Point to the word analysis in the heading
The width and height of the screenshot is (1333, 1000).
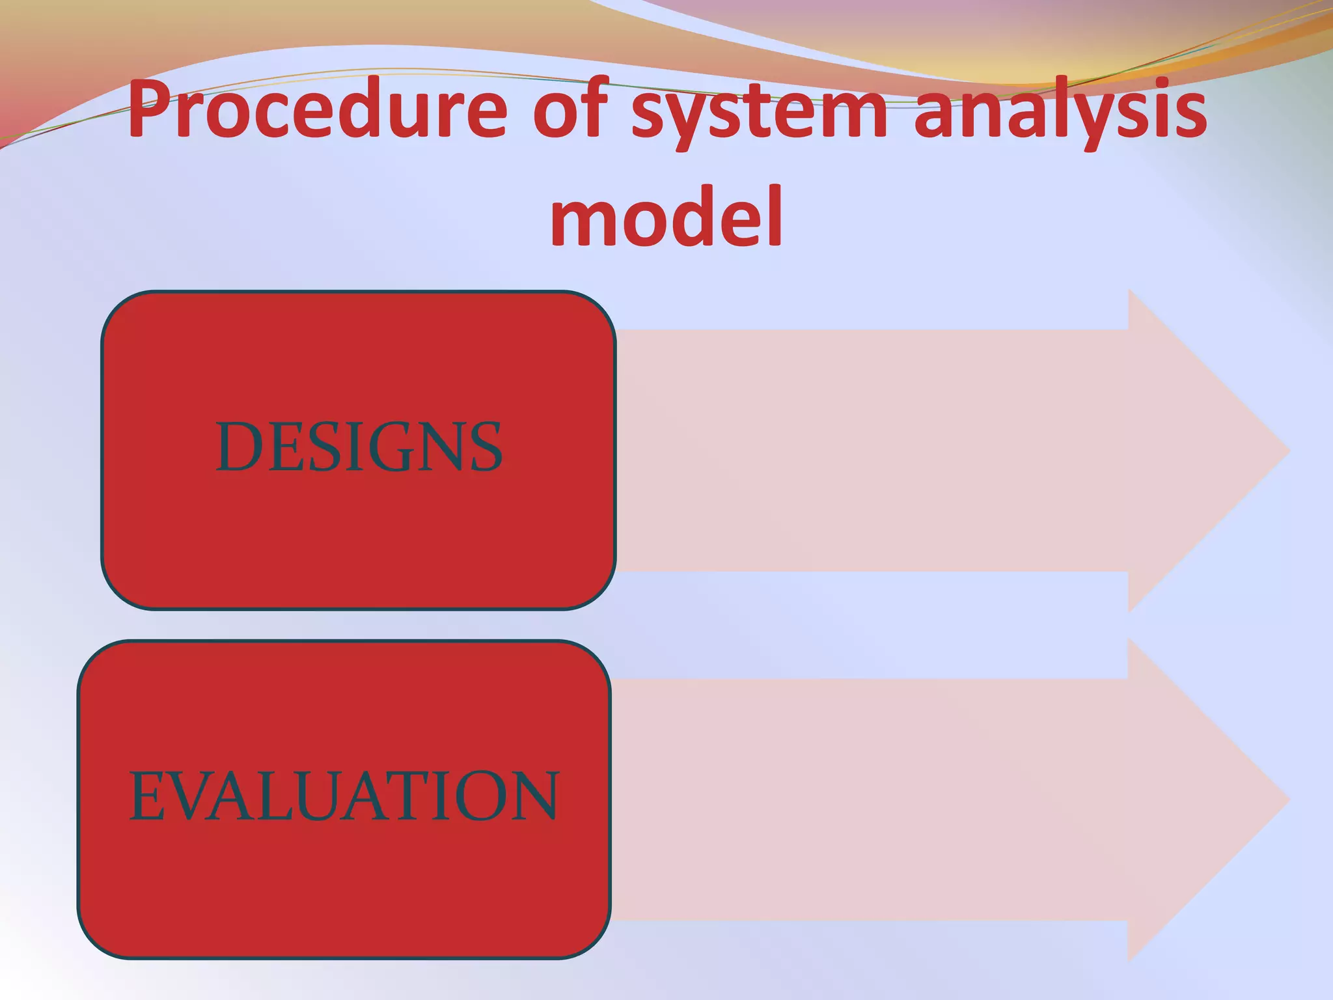point(1060,112)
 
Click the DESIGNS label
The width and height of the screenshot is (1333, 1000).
point(359,447)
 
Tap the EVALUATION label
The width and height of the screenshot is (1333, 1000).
point(344,796)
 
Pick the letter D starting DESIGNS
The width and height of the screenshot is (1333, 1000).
point(238,447)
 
